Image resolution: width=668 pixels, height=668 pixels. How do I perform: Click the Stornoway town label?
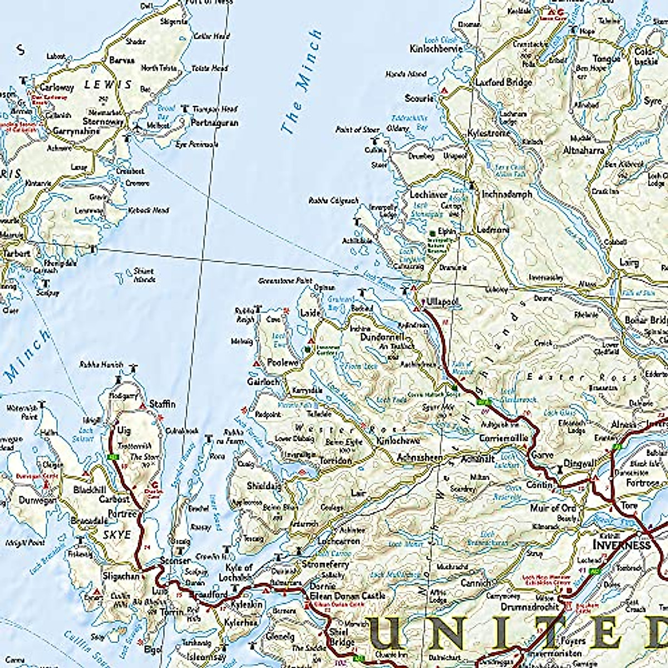[x=102, y=121]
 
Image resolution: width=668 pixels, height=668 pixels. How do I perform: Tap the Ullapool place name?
[x=443, y=302]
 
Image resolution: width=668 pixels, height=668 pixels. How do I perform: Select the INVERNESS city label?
[x=621, y=544]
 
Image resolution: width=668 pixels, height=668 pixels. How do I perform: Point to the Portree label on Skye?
[x=121, y=514]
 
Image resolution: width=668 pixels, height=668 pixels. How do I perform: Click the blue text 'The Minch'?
[x=301, y=82]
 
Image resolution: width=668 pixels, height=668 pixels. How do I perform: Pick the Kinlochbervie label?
[x=436, y=48]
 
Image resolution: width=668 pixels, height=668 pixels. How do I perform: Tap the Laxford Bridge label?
[x=503, y=82]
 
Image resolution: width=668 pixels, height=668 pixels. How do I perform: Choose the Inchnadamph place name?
[x=507, y=194]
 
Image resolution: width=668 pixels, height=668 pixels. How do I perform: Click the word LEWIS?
[x=108, y=85]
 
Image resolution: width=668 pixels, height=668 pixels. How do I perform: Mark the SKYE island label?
[x=117, y=535]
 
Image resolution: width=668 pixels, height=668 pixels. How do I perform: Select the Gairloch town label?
[x=263, y=382]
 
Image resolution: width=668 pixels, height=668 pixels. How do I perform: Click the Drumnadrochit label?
[x=529, y=607]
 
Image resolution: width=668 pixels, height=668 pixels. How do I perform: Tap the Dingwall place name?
[x=579, y=463]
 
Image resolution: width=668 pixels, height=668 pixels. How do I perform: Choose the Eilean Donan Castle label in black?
[x=347, y=596]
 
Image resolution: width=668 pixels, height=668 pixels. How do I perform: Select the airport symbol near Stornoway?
[x=137, y=128]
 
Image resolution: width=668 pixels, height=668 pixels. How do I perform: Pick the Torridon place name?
[x=335, y=461]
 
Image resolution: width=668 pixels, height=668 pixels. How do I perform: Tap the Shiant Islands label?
[x=143, y=275]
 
